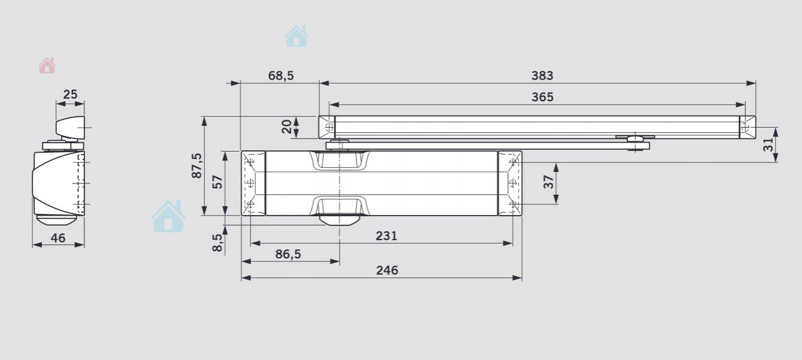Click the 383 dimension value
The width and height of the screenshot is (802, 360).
pos(542,75)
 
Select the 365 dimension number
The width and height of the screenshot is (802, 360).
pos(543,97)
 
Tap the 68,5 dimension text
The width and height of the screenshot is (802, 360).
pos(281,76)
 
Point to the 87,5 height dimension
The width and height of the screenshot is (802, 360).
pos(197,165)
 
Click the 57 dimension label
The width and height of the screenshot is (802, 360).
pos(217,182)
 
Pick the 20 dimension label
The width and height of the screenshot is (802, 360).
pos(287,126)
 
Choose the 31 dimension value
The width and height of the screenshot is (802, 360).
pos(768,145)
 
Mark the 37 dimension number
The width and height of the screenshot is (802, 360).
pos(549,182)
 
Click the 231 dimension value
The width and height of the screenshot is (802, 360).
pos(386,236)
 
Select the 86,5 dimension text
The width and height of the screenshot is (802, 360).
pos(288,255)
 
